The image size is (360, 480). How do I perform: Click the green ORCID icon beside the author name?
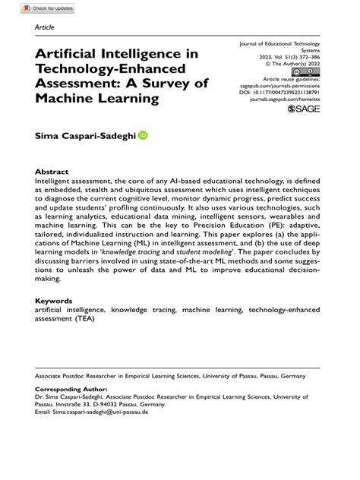pyautogui.click(x=143, y=134)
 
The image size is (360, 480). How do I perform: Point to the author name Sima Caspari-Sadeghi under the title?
pyautogui.click(x=85, y=135)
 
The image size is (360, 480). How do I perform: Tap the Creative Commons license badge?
pyautogui.click(x=311, y=71)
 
